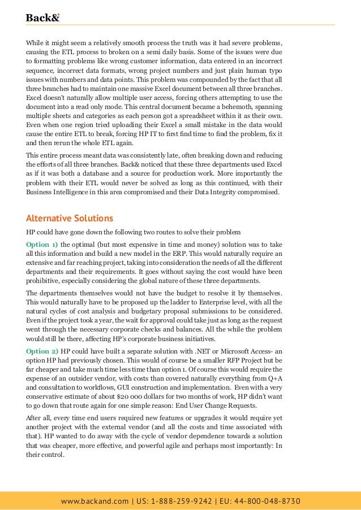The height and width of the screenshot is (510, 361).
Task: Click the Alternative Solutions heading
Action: click(70, 218)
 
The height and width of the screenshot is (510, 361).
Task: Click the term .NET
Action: click(196, 351)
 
